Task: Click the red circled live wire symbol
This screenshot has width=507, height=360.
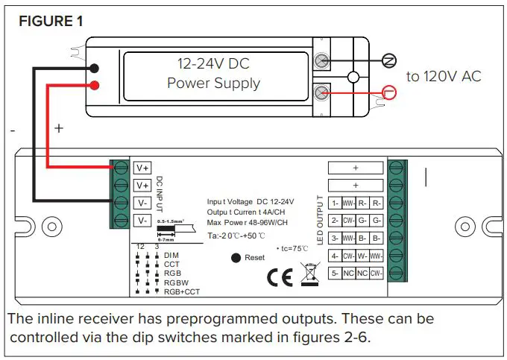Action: click(389, 92)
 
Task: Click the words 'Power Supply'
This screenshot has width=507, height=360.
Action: click(213, 83)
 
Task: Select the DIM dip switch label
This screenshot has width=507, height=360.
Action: click(171, 255)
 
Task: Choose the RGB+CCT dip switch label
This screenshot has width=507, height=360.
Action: click(181, 291)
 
